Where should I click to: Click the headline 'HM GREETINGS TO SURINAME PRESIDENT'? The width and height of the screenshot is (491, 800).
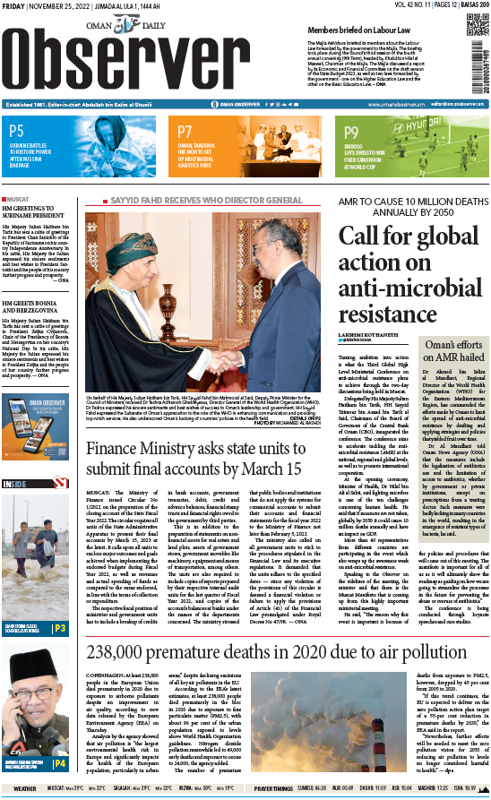(35, 213)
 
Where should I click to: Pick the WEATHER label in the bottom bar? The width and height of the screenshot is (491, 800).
(25, 788)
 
